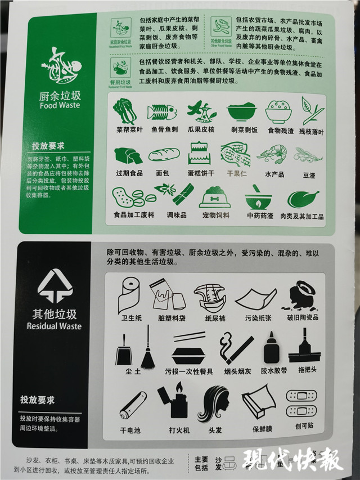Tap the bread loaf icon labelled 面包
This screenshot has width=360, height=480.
164,155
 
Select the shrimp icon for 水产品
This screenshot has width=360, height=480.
272,153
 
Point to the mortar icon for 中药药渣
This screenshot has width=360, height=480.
258,198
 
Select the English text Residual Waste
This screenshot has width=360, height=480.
54,326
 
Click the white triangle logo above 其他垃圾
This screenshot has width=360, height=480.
55,286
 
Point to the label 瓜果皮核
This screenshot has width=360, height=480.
202,129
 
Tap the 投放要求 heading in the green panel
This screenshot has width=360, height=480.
49,146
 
